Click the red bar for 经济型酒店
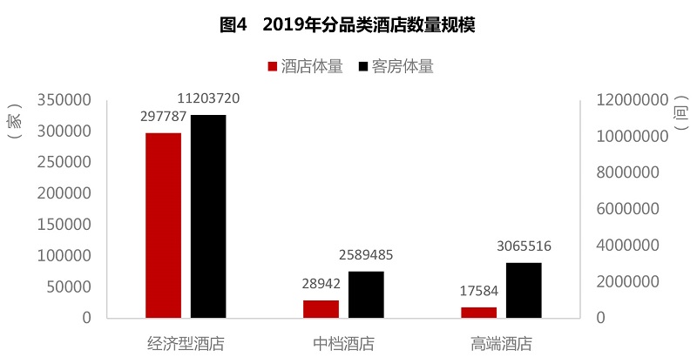163,225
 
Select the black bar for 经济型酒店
208,216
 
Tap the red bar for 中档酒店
321,308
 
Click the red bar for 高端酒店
479,312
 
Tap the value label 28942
321,283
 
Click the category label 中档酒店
343,344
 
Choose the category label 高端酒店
501,344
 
